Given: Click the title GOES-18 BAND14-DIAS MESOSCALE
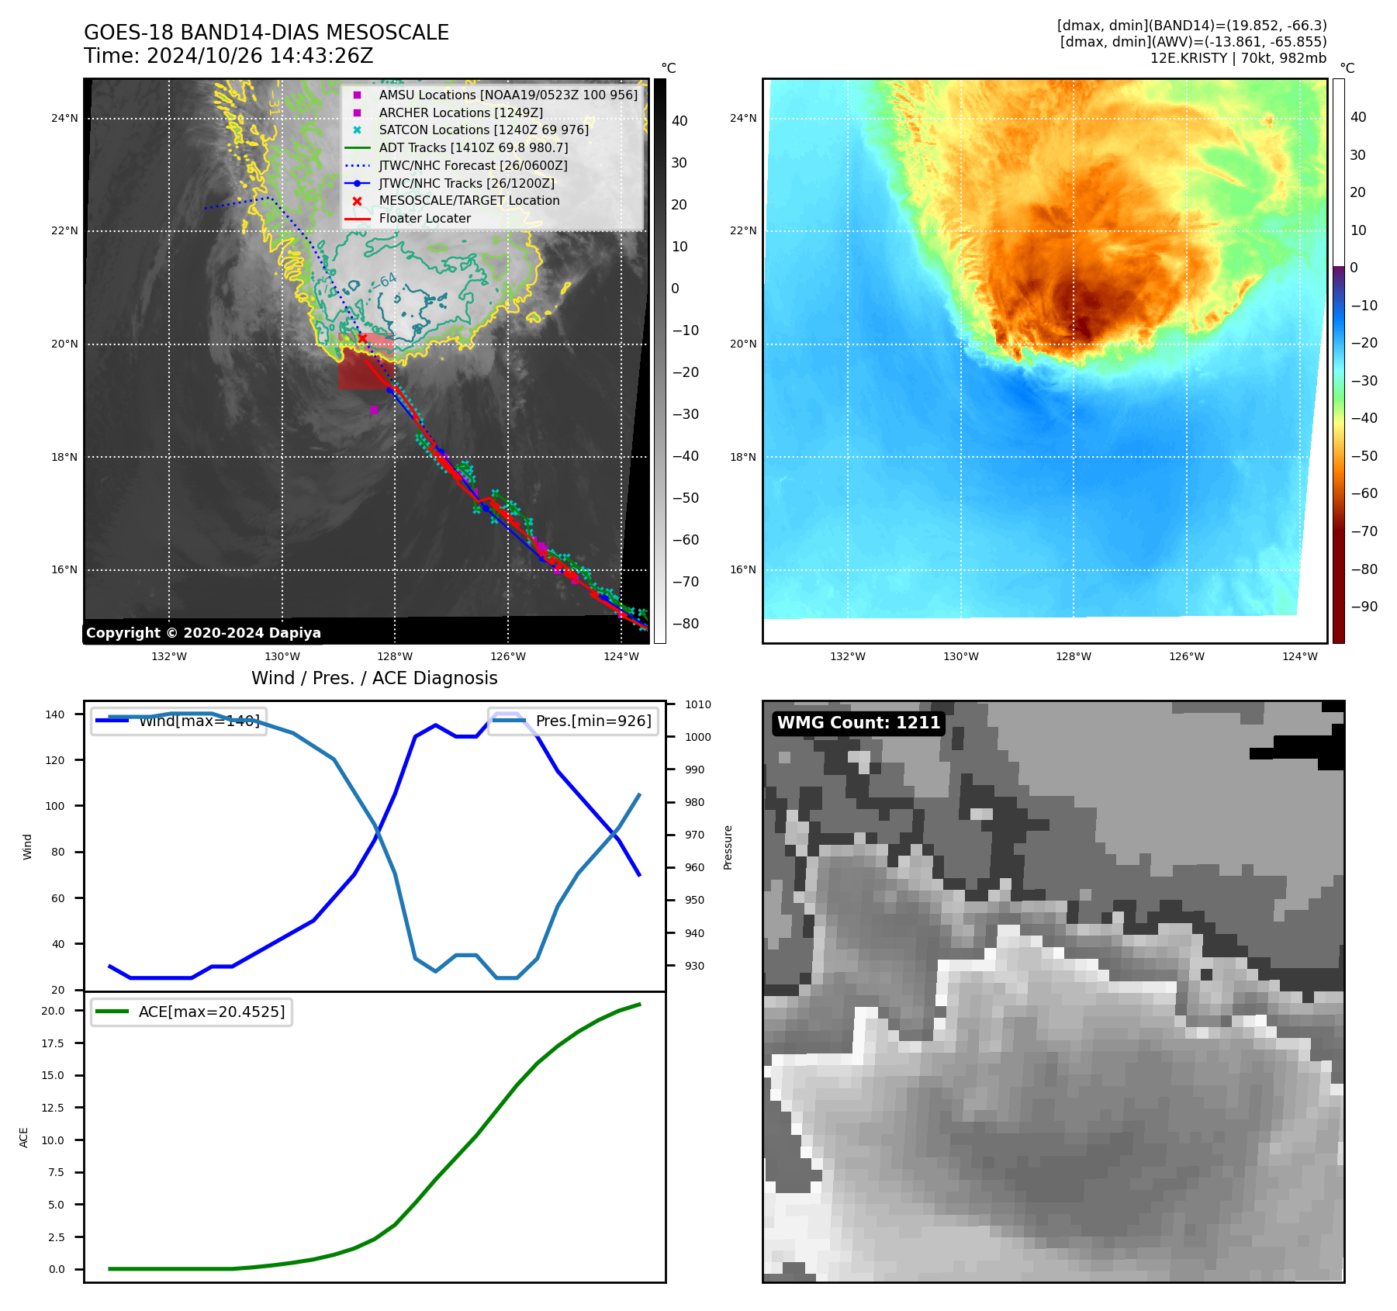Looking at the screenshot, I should coord(266,33).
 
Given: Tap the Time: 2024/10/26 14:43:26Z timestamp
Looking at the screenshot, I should coord(228,56).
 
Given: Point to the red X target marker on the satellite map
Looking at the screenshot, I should coord(362,337).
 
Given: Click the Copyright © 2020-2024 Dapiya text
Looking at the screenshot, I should coord(203,632).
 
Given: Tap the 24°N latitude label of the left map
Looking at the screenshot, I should coord(64,118).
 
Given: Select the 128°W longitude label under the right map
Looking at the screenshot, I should coord(1073,656).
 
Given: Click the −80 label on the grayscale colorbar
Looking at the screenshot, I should coord(685,623).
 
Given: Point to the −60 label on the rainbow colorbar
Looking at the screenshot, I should coord(1364,493).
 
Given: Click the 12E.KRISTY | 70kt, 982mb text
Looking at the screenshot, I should coord(1238,58).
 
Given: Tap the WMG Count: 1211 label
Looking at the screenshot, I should coord(858,722).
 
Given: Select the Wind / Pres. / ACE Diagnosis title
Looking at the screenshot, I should coord(374,678).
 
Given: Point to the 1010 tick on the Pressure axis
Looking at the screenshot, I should coord(697,704).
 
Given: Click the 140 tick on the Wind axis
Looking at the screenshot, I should coord(55,714).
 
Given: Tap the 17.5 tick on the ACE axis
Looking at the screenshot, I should coord(53,1043).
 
